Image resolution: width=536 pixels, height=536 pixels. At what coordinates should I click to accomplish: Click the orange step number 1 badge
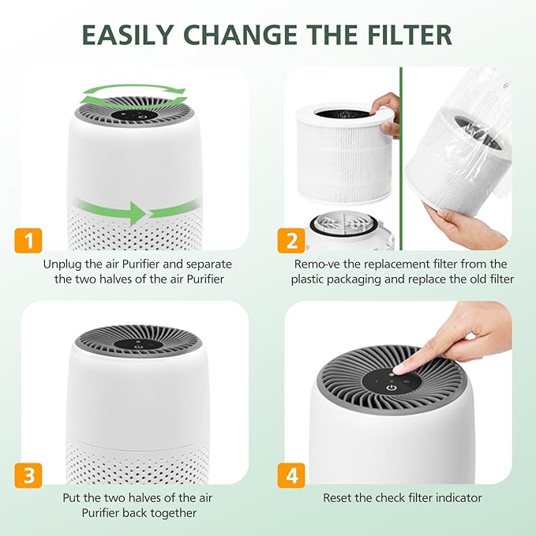click(x=28, y=240)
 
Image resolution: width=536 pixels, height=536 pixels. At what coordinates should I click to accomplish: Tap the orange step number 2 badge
click(x=290, y=240)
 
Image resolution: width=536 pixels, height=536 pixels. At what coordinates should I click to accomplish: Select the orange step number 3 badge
click(x=28, y=475)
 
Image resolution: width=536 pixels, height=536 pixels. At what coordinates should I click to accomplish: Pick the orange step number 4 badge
click(x=290, y=475)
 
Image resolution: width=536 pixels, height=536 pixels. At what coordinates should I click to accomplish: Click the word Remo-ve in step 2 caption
click(x=316, y=264)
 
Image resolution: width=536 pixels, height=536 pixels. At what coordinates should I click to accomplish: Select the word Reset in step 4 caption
click(x=339, y=498)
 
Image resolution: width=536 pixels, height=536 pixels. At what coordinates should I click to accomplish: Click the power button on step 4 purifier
click(x=391, y=386)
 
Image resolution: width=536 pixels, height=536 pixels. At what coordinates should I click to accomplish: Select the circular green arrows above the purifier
click(x=133, y=96)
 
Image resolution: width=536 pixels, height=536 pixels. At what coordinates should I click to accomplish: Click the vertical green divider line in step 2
click(x=401, y=158)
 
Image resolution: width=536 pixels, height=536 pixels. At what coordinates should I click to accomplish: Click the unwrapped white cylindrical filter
click(x=340, y=158)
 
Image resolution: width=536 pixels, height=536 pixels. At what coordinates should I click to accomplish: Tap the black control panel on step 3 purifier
click(x=139, y=344)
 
